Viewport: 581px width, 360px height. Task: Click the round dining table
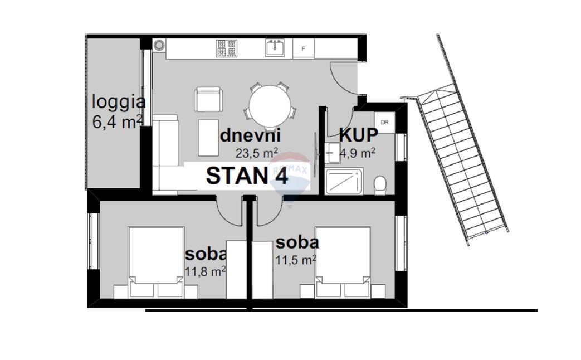(x=270, y=106)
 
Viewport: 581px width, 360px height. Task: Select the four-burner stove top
(x=226, y=48)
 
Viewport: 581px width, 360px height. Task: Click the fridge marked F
(x=304, y=48)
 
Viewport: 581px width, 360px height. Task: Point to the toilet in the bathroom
(x=380, y=185)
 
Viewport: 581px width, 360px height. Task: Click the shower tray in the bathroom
(x=344, y=181)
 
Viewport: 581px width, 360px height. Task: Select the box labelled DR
(x=384, y=122)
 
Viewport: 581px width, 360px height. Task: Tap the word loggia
(x=118, y=102)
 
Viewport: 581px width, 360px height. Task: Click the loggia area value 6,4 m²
(x=117, y=121)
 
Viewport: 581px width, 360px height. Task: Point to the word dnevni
(x=250, y=135)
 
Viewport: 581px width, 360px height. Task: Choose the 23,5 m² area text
(x=257, y=153)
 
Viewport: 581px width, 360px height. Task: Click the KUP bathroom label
(x=358, y=135)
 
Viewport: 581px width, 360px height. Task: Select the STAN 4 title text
(x=247, y=176)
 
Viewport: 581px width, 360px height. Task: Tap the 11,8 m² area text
(x=206, y=272)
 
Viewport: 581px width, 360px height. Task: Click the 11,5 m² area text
(x=296, y=260)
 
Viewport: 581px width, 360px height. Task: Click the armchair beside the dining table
(x=208, y=99)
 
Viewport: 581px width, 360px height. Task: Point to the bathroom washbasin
(x=333, y=152)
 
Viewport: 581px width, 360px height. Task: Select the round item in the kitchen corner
(x=159, y=45)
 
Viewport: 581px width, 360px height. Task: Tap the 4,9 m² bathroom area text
(x=358, y=153)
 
